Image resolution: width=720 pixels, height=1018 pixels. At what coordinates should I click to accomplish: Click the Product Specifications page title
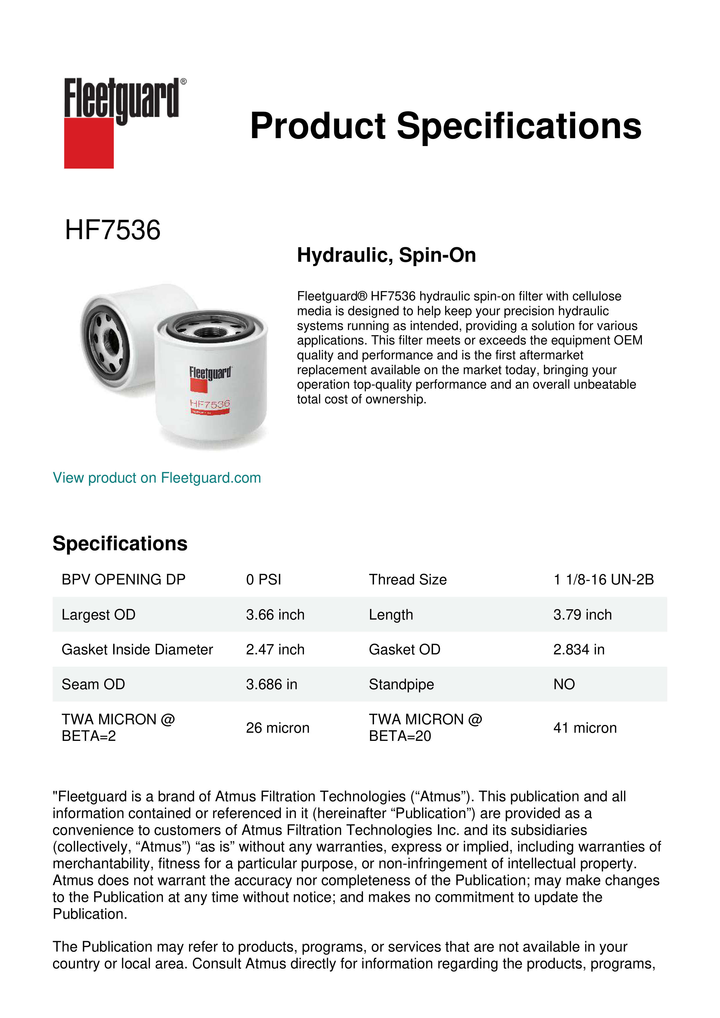(x=445, y=126)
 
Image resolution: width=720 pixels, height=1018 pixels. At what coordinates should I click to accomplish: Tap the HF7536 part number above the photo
(x=113, y=230)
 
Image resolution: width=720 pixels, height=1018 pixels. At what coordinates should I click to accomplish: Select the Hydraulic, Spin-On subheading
(x=386, y=255)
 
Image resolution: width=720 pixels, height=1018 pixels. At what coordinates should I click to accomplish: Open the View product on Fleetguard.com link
(x=156, y=478)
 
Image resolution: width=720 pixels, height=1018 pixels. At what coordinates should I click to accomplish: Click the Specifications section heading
(x=120, y=544)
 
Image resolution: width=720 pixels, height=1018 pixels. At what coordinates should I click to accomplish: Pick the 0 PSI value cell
(x=263, y=580)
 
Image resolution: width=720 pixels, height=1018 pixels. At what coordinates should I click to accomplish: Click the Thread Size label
(x=407, y=580)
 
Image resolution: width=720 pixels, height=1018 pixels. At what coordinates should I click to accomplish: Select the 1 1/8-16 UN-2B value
(x=603, y=580)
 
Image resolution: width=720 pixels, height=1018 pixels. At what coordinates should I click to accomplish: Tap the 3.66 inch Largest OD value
(x=275, y=615)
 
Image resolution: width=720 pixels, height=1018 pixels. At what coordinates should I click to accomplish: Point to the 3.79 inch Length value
(x=582, y=615)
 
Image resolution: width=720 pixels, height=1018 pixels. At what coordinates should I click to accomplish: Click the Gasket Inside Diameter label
(x=137, y=649)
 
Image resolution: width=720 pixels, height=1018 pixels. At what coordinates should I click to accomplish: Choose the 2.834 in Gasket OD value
(x=579, y=649)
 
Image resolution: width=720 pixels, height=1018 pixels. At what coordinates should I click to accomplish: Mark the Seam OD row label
(x=93, y=685)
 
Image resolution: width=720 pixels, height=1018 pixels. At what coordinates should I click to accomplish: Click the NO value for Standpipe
(x=564, y=685)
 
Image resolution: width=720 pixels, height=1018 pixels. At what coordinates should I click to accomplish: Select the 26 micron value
(x=277, y=728)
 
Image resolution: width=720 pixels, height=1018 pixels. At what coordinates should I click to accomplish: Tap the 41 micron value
(x=585, y=728)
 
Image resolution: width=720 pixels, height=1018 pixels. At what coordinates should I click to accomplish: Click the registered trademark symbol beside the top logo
(x=183, y=82)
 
